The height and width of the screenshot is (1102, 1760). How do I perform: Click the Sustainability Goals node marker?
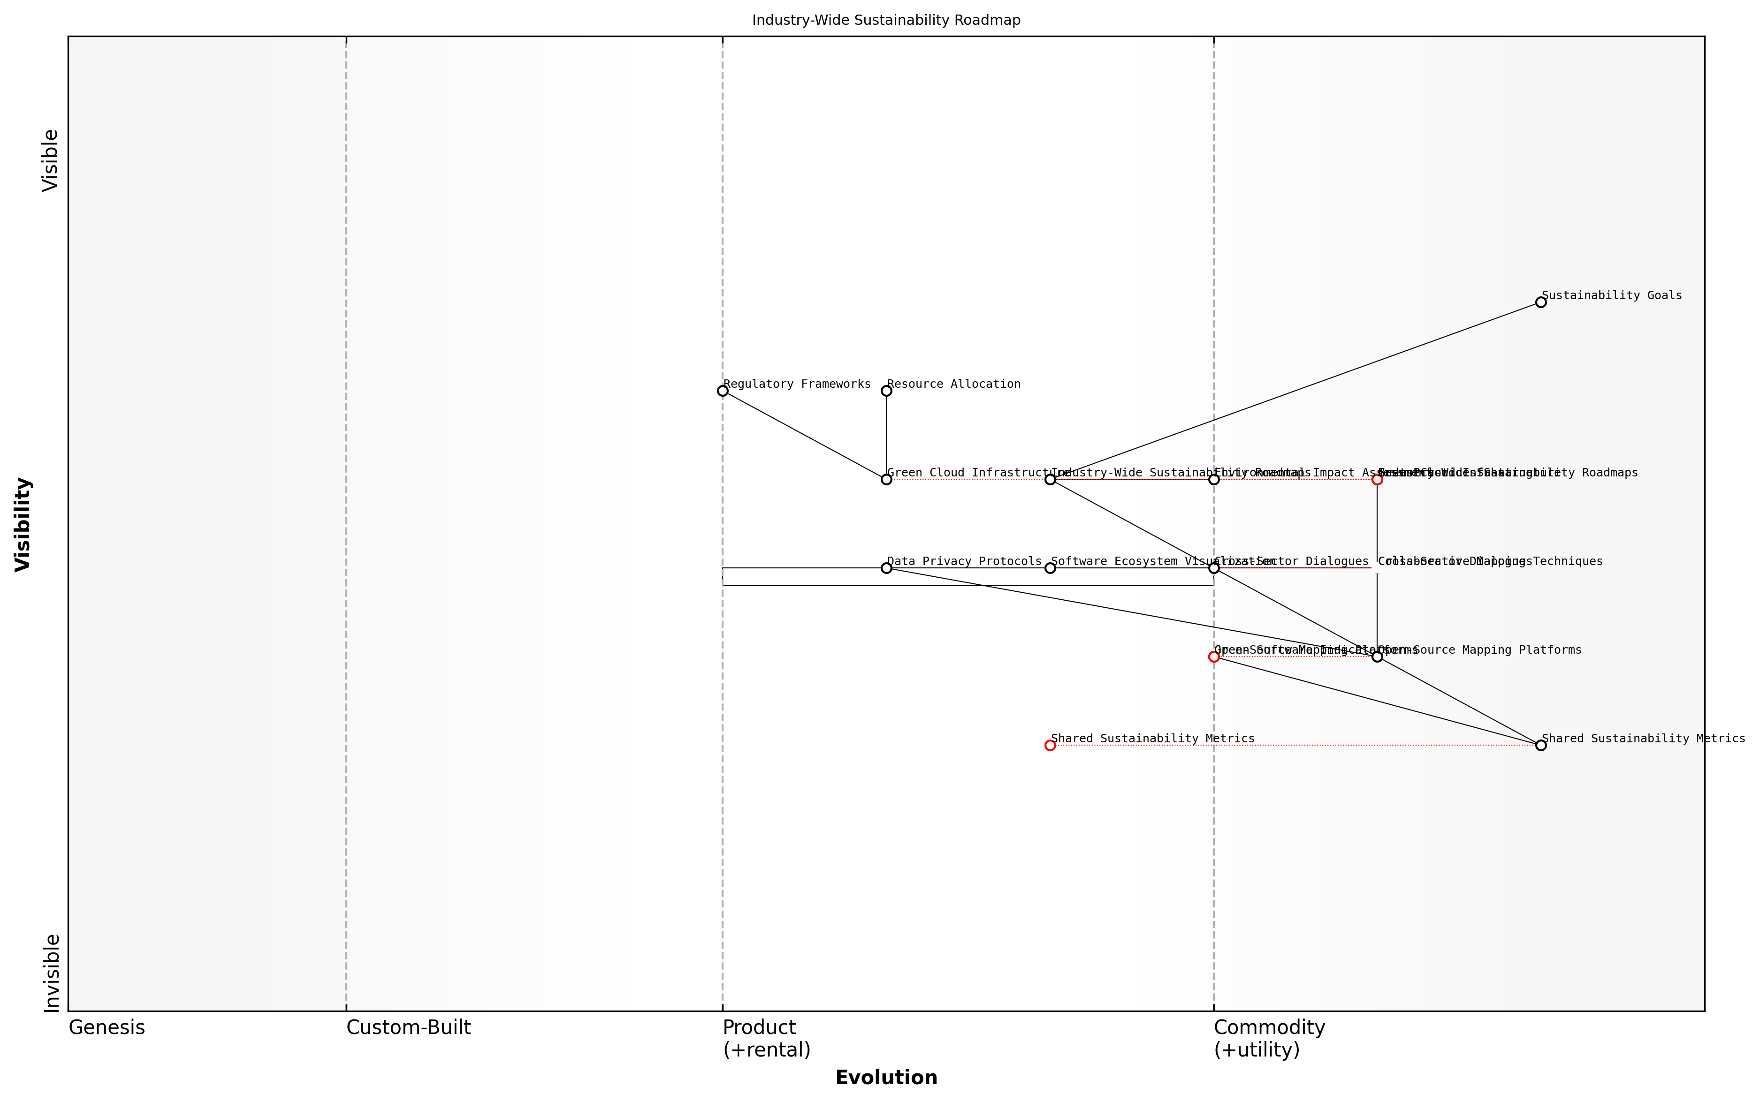[x=1540, y=302]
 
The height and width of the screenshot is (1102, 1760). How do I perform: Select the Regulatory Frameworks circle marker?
[x=723, y=391]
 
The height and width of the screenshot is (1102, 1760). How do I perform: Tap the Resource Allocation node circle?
[x=886, y=391]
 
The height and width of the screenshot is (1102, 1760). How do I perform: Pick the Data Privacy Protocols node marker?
[x=886, y=568]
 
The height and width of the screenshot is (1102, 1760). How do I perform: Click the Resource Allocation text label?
[x=953, y=384]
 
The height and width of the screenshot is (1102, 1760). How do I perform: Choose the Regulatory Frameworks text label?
[x=797, y=384]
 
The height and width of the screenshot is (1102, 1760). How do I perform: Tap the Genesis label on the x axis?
[x=107, y=1027]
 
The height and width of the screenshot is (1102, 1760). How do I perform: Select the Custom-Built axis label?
[x=408, y=1027]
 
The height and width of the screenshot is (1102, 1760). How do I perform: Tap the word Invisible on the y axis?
[x=51, y=973]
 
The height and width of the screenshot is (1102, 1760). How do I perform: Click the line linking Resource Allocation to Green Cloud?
[x=886, y=435]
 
